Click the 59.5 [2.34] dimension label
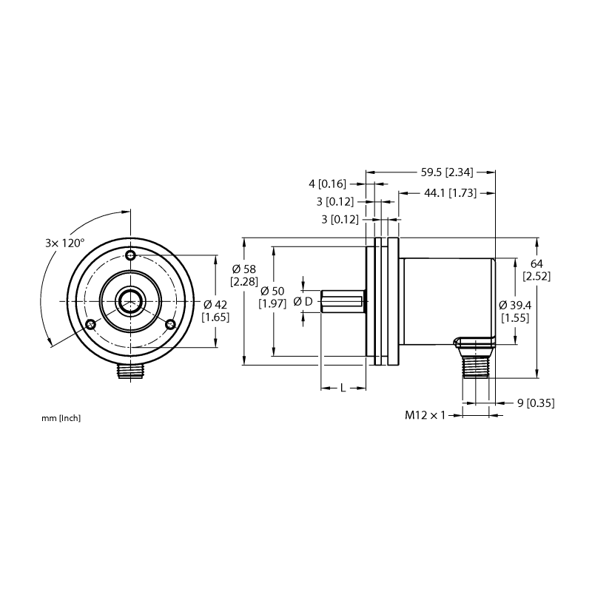[x=447, y=172]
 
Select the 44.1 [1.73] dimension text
[x=450, y=193]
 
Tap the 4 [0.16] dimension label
[x=327, y=184]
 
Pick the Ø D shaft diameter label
[x=303, y=301]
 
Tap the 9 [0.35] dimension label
[x=536, y=403]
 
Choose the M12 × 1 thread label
[x=425, y=415]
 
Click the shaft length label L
[x=343, y=388]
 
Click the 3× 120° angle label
[x=65, y=243]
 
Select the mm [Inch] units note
[x=61, y=418]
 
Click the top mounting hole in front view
[x=131, y=255]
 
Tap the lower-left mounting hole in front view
[x=90, y=324]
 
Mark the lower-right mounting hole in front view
[x=171, y=324]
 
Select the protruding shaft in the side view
[x=343, y=301]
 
